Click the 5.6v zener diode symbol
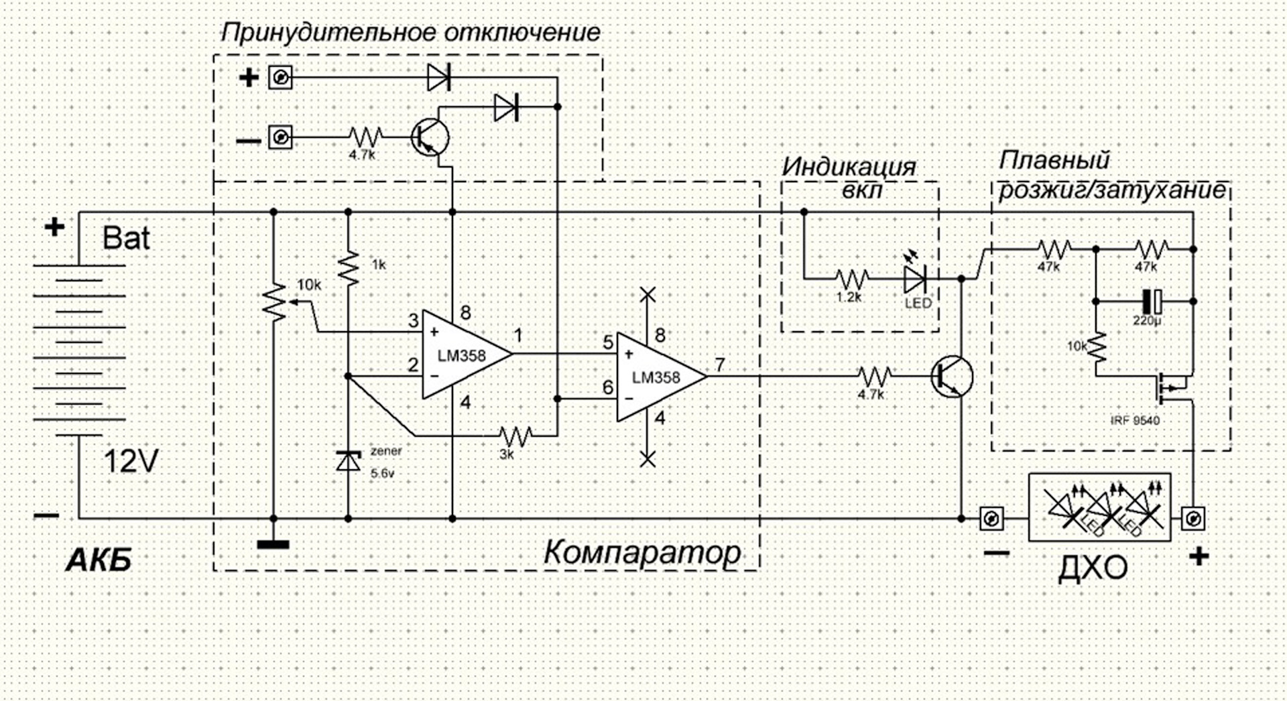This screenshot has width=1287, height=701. [348, 461]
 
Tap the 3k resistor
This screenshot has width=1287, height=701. [515, 436]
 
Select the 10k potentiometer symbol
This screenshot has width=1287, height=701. [273, 302]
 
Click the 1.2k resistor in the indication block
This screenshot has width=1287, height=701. [852, 278]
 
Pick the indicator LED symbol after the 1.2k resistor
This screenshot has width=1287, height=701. [915, 278]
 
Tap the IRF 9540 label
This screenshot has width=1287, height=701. [1135, 421]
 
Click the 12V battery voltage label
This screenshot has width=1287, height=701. [131, 461]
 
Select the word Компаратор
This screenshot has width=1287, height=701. [641, 553]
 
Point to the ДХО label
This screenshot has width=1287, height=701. [1093, 568]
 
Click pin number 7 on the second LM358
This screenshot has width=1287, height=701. [719, 365]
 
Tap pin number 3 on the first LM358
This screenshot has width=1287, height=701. [414, 320]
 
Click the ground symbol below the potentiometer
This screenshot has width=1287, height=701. [273, 544]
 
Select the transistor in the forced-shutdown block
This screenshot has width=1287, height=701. [430, 137]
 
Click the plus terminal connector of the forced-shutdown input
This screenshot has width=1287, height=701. [280, 78]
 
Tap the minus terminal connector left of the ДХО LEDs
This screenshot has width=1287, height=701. [991, 518]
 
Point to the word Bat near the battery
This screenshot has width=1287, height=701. [126, 238]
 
